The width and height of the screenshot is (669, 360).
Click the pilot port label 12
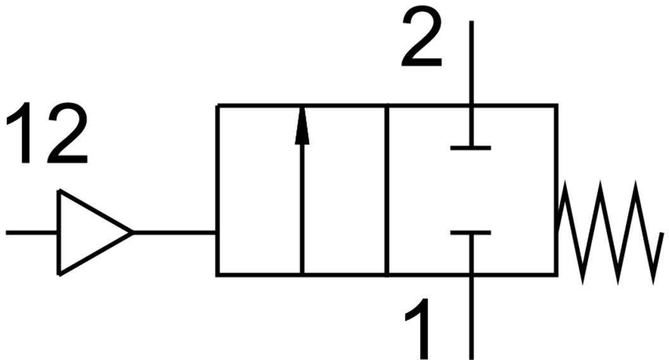(x=46, y=135)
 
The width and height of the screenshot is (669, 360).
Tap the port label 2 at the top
(x=421, y=39)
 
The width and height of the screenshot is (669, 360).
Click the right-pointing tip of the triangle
(x=132, y=233)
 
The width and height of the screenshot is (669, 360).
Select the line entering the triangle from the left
(x=32, y=233)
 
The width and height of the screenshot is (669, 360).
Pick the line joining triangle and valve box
(x=174, y=233)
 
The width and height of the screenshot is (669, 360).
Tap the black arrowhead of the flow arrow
(x=302, y=127)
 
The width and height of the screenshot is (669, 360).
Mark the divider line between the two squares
(x=386, y=190)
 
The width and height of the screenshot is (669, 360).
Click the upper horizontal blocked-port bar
(x=471, y=148)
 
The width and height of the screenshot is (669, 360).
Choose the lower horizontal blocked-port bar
(x=471, y=233)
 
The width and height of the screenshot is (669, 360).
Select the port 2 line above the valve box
(x=471, y=63)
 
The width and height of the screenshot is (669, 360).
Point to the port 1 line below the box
(x=471, y=317)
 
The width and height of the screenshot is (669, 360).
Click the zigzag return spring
(x=608, y=233)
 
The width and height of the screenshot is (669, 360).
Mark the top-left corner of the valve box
(x=217, y=106)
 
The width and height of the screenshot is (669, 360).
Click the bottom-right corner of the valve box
(x=556, y=274)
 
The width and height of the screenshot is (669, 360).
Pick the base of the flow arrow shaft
(x=302, y=273)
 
